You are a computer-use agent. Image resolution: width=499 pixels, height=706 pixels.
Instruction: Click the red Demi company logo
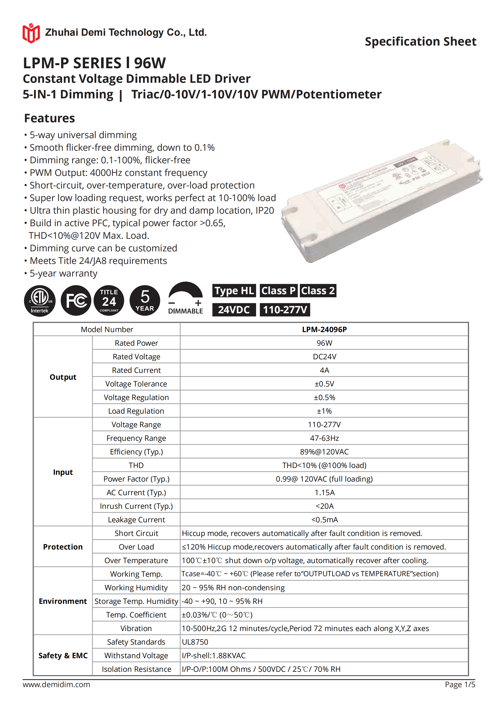pyautogui.click(x=31, y=33)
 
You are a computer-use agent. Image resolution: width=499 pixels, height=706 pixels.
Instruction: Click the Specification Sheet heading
pyautogui.click(x=420, y=42)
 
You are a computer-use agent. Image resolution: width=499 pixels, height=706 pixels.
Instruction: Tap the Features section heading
pyautogui.click(x=50, y=119)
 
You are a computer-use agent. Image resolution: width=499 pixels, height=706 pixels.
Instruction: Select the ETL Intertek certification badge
pyautogui.click(x=40, y=301)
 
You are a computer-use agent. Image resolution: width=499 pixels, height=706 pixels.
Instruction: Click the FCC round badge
pyautogui.click(x=76, y=300)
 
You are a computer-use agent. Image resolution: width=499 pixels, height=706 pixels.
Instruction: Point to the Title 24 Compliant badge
pyautogui.click(x=109, y=301)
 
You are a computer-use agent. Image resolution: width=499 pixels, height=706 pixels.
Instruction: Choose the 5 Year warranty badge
pyautogui.click(x=145, y=300)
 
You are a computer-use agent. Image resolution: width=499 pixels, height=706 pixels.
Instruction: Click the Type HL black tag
pyautogui.click(x=234, y=291)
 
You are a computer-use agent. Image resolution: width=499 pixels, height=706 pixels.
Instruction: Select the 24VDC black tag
pyautogui.click(x=234, y=310)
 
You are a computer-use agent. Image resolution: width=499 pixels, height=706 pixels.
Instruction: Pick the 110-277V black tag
pyautogui.click(x=285, y=310)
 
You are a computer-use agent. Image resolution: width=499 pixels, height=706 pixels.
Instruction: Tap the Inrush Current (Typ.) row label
pyautogui.click(x=136, y=506)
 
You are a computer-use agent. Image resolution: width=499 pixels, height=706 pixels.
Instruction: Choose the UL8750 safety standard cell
pyautogui.click(x=195, y=642)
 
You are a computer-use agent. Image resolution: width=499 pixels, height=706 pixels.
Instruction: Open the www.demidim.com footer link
pyautogui.click(x=56, y=684)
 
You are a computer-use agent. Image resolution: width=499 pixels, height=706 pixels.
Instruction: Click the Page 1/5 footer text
pyautogui.click(x=460, y=684)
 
